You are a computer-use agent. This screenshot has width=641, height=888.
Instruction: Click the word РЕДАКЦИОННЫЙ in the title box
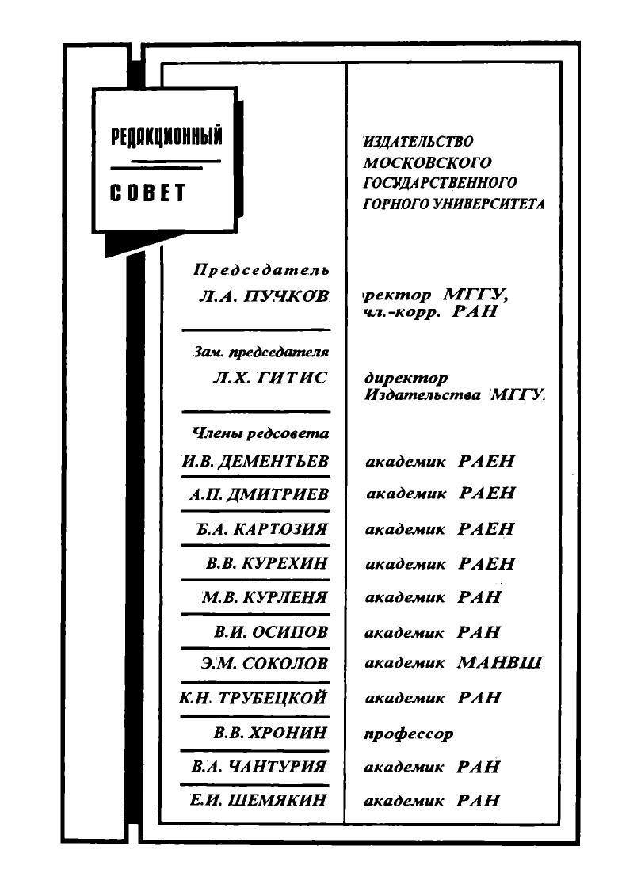(166, 136)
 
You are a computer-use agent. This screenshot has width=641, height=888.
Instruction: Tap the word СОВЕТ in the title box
(147, 193)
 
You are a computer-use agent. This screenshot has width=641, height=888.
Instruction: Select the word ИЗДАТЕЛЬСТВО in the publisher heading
(418, 142)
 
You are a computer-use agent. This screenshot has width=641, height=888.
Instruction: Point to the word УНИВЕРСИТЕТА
(489, 204)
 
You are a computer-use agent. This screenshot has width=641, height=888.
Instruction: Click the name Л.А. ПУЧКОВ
(263, 295)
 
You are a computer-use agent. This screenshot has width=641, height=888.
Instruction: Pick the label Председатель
(261, 269)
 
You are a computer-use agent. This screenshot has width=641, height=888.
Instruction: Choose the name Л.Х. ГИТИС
(270, 378)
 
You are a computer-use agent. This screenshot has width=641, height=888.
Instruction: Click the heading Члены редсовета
(261, 434)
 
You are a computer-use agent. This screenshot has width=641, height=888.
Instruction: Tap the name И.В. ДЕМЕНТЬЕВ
(255, 461)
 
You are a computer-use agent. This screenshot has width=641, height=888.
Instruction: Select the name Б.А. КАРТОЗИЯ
(262, 529)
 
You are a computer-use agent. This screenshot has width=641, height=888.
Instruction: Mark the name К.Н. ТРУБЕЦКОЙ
(253, 698)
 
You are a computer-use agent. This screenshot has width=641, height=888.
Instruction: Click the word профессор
(408, 734)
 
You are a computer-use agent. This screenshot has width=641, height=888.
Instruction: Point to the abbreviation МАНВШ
(499, 662)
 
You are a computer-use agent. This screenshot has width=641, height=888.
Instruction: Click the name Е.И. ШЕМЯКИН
(258, 799)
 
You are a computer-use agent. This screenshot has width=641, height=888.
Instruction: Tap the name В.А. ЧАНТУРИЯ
(259, 766)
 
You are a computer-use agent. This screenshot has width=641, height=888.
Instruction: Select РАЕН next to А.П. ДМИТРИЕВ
(487, 493)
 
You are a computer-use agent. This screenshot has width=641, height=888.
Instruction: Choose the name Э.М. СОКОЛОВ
(265, 663)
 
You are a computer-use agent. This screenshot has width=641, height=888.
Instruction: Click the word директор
(406, 378)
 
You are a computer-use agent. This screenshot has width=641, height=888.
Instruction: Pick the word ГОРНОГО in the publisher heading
(395, 204)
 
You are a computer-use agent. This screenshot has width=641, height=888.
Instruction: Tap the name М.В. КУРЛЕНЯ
(265, 597)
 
